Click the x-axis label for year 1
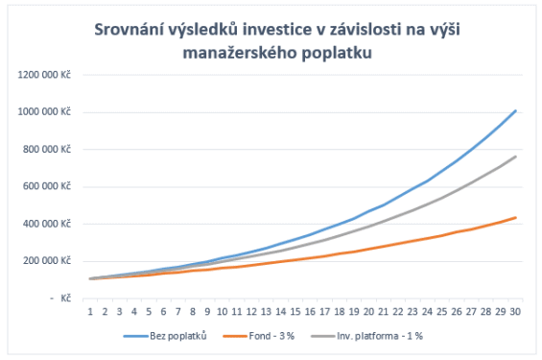(89, 311)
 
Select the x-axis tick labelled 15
(300, 311)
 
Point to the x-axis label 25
(442, 311)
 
